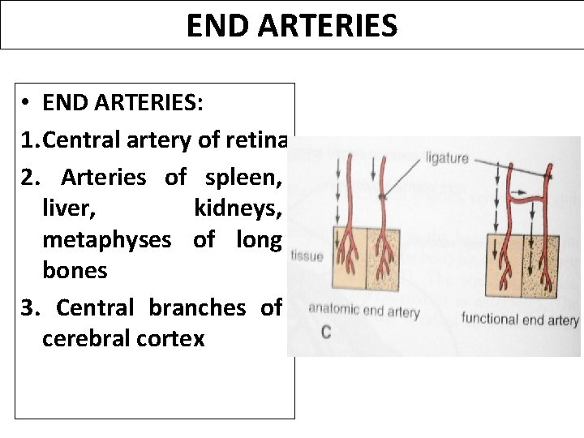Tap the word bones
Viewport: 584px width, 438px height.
pyautogui.click(x=75, y=271)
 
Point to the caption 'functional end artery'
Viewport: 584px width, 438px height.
pyautogui.click(x=519, y=319)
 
